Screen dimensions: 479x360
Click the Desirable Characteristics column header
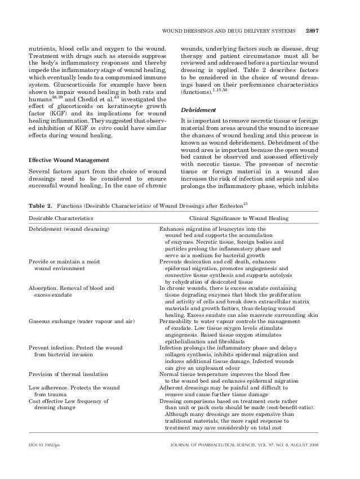click(x=61, y=217)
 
